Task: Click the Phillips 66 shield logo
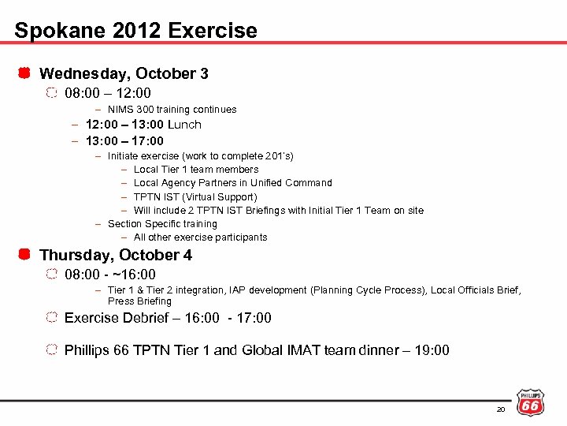[x=529, y=402]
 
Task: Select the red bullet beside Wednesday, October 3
[x=24, y=73]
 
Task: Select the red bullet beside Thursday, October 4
[x=24, y=255]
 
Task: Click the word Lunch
[x=184, y=125]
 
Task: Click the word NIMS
[x=120, y=110]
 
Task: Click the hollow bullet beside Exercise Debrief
[x=51, y=318]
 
